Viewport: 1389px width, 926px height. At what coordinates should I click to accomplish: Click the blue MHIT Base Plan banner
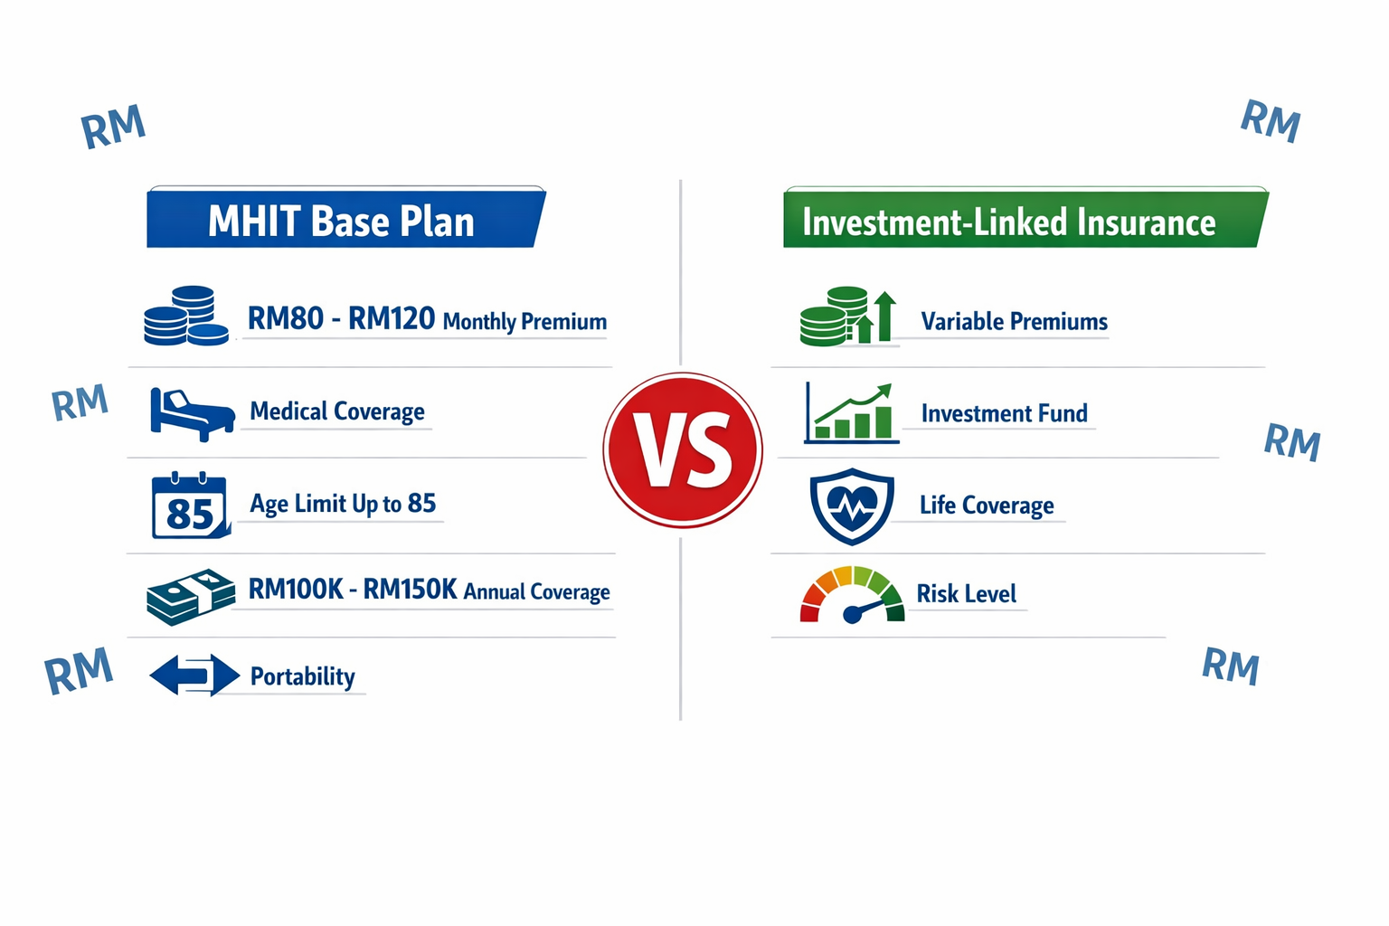(344, 220)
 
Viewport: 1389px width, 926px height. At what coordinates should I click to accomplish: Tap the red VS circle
(683, 449)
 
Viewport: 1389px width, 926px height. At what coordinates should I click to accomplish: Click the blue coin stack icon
(186, 317)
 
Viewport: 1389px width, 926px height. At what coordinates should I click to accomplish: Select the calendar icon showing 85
(190, 506)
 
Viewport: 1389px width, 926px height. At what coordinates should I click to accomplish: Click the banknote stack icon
(190, 596)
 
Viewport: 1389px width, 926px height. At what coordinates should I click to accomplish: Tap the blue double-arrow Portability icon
(194, 676)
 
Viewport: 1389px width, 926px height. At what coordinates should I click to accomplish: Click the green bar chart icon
(851, 413)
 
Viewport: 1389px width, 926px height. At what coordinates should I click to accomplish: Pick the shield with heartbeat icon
(851, 506)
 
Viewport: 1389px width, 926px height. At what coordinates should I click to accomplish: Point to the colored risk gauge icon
(851, 596)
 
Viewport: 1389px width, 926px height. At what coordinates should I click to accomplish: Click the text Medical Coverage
(337, 412)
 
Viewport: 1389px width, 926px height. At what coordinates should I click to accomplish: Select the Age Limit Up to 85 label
(343, 504)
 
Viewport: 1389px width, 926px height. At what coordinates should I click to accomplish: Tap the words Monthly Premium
(524, 322)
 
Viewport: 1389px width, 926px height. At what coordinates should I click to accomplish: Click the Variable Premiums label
(1014, 322)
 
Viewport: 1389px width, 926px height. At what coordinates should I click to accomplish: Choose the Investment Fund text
(1004, 414)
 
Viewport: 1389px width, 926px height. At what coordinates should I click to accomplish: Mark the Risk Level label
(966, 594)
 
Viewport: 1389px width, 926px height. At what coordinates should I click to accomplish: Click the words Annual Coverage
(536, 591)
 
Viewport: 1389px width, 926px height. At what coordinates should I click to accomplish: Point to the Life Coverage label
(987, 506)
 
